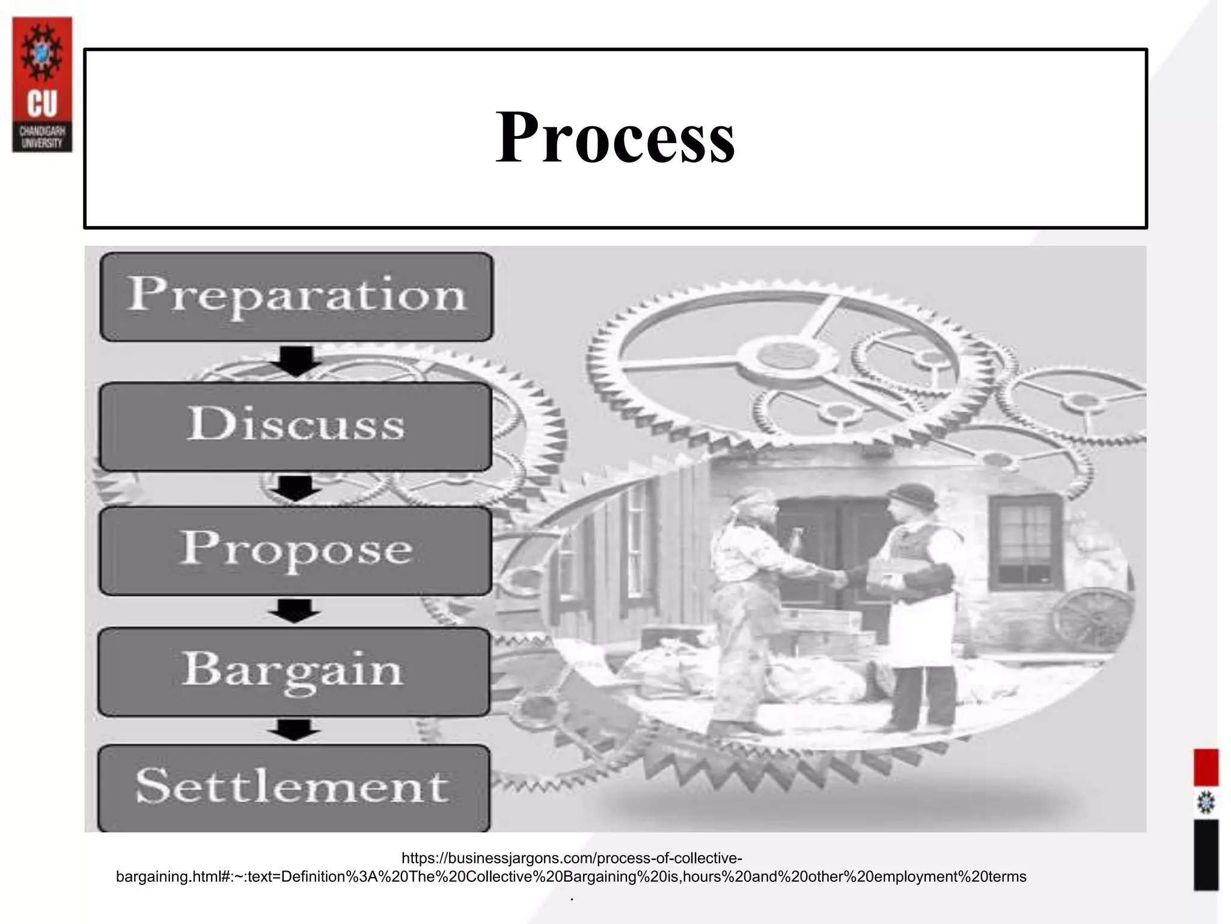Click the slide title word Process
tap(615, 138)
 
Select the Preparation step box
tap(296, 297)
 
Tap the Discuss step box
tap(296, 427)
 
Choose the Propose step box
tap(295, 550)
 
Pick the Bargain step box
tap(294, 671)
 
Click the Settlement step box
tap(293, 787)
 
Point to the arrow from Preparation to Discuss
tap(295, 361)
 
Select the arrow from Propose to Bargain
tap(294, 611)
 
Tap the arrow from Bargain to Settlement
tap(293, 730)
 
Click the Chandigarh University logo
tap(42, 84)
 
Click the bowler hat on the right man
tap(912, 494)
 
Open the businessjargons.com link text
tap(571, 867)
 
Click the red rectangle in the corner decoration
tap(1206, 767)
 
